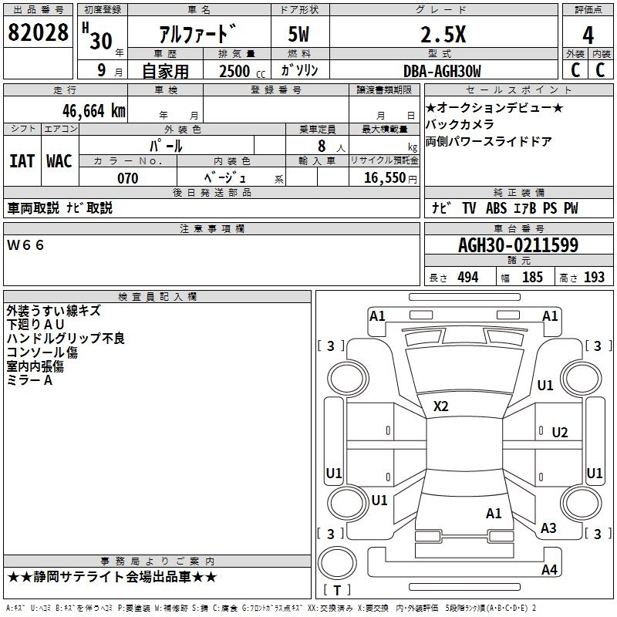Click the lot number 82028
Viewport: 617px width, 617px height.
click(x=38, y=32)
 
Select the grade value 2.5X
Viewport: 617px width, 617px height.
click(x=443, y=34)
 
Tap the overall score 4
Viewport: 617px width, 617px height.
click(x=588, y=35)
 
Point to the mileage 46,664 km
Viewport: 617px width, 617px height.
click(x=94, y=111)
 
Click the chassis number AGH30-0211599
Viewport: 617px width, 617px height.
click(x=518, y=245)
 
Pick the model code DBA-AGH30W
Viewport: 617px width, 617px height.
click(x=442, y=71)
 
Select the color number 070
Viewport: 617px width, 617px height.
click(x=128, y=178)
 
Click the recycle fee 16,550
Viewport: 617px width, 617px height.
click(x=384, y=178)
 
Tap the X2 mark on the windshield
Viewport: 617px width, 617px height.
click(x=440, y=406)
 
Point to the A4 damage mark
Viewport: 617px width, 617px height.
click(x=549, y=569)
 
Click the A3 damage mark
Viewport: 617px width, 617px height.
click(x=548, y=528)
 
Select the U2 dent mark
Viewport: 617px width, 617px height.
click(x=560, y=433)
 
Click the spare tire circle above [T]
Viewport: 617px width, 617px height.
click(x=337, y=563)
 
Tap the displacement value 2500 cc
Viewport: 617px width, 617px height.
click(x=242, y=71)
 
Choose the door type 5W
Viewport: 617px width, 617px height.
click(x=298, y=34)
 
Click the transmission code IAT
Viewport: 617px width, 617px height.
click(x=22, y=161)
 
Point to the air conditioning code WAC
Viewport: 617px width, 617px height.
click(x=59, y=161)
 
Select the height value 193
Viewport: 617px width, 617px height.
click(x=594, y=278)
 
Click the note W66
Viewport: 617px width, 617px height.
click(x=25, y=245)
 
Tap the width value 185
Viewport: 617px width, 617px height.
click(x=532, y=278)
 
